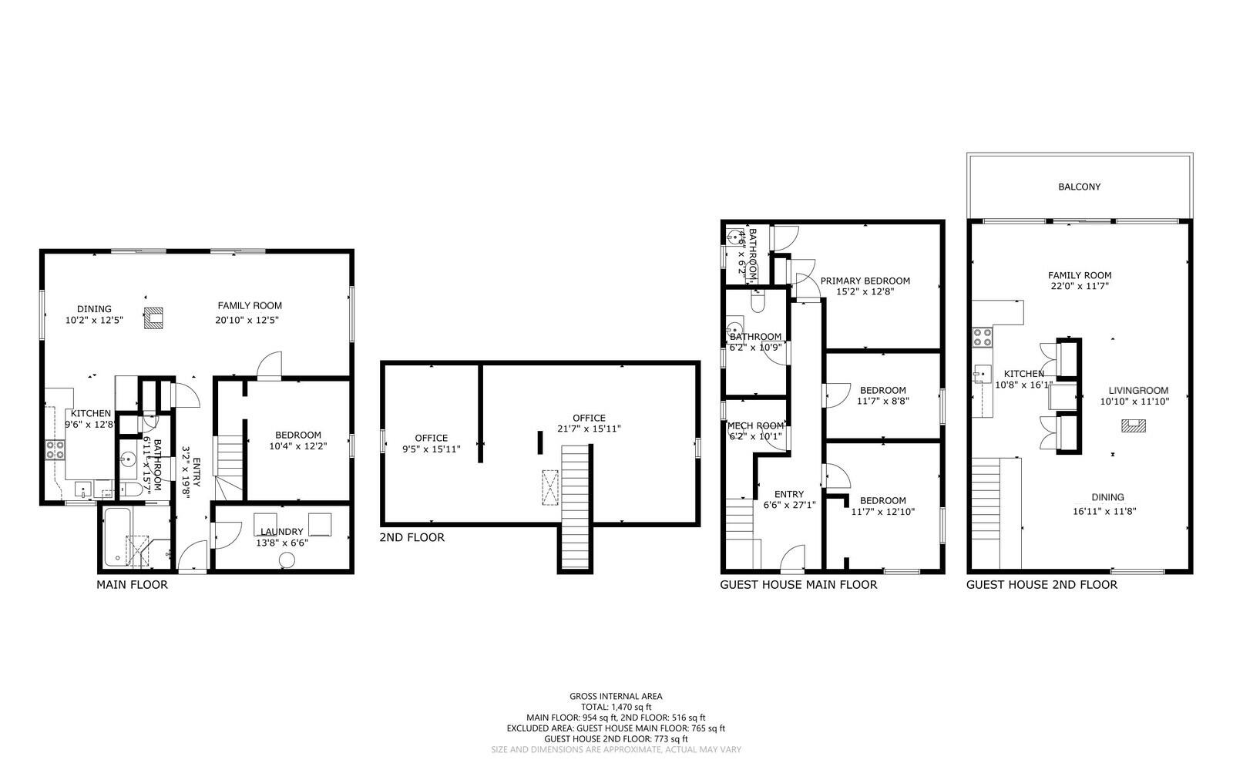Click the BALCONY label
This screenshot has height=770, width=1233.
coord(1079,187)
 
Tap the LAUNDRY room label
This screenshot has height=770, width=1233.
coord(281,532)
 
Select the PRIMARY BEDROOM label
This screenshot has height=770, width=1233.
coord(865,281)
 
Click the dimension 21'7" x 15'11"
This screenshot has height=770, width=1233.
coord(589,429)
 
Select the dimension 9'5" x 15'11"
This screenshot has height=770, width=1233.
coord(431,449)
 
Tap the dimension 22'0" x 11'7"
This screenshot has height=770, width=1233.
coord(1079,286)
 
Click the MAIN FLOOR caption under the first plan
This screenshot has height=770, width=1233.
coord(132,585)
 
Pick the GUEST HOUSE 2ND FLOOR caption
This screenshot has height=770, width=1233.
coord(1041,585)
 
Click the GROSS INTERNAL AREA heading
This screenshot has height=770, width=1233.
coord(616,696)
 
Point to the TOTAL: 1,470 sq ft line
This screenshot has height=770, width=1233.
coord(616,707)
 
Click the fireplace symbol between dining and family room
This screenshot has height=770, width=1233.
coord(153,318)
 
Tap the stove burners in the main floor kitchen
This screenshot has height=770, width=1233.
coord(55,449)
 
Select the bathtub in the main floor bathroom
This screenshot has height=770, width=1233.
coord(113,536)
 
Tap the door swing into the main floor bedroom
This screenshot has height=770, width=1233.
coord(270,366)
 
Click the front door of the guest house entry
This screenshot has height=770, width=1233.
coord(793,558)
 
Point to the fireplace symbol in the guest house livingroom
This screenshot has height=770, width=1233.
coord(1133,425)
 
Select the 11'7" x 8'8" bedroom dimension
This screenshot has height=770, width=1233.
coord(883,402)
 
